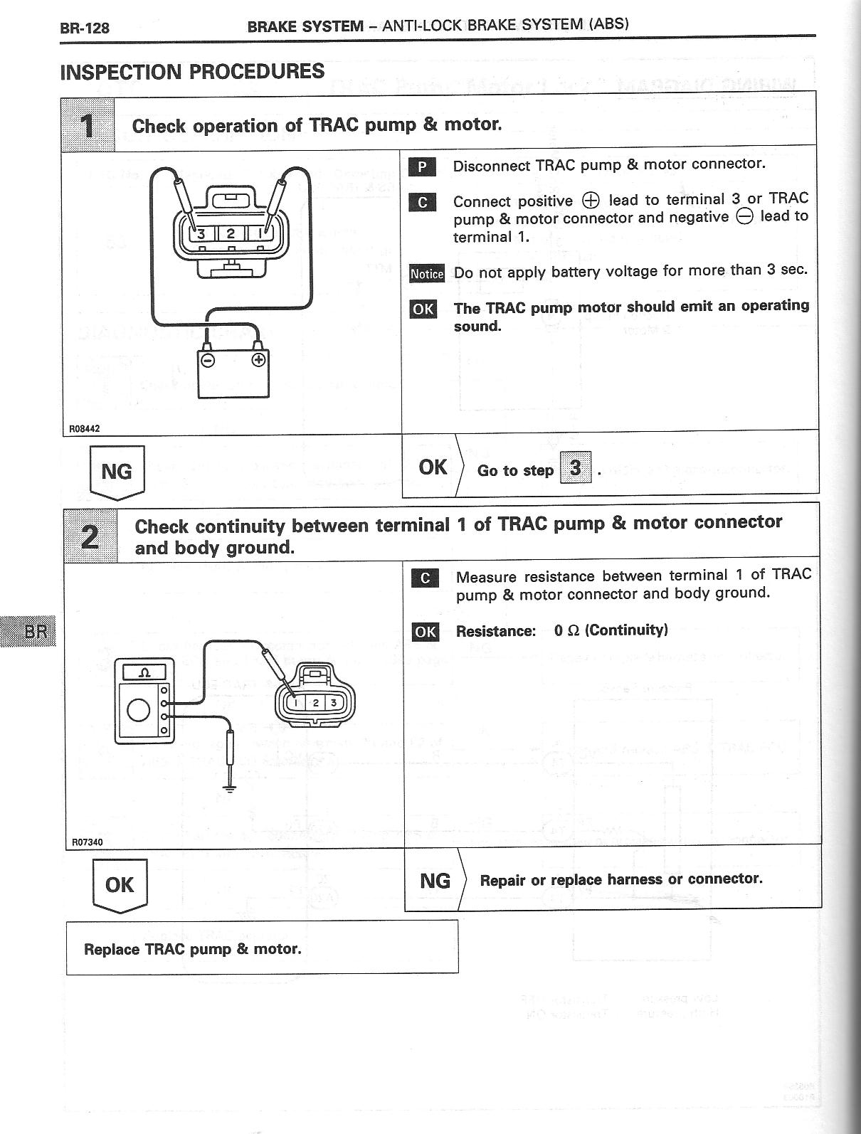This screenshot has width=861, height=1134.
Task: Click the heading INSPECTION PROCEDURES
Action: tap(192, 72)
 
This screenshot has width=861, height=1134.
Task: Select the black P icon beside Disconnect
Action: tap(422, 167)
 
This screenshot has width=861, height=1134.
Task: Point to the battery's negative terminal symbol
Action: tap(208, 360)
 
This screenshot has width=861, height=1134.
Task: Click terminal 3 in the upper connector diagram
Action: tap(202, 233)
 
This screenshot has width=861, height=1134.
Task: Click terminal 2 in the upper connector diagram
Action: tap(231, 233)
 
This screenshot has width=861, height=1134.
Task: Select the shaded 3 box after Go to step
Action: tap(576, 468)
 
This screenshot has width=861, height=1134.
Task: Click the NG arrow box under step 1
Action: tap(117, 472)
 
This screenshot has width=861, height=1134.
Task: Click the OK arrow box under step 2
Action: tap(120, 885)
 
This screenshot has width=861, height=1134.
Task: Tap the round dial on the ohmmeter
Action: tap(137, 710)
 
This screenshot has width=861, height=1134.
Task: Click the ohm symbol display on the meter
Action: tap(144, 672)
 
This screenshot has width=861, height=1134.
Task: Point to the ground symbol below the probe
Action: tap(229, 789)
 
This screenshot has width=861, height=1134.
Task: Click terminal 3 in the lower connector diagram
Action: tap(333, 704)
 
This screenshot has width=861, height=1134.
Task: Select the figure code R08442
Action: tap(84, 429)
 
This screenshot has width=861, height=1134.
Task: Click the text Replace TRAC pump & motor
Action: tap(193, 949)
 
